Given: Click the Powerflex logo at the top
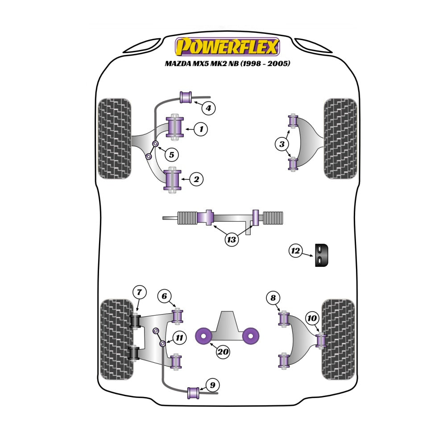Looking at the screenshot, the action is coord(227,46).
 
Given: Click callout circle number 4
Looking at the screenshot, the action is coord(208,108).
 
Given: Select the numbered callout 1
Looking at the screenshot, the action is coord(201,129).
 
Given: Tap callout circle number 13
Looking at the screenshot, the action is coord(231,240).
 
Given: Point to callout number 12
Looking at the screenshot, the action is coord(295,251).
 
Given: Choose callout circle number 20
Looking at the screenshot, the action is coord(223,352).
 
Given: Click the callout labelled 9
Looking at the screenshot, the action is coord(212,385).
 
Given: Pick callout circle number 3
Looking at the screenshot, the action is coord(282,144).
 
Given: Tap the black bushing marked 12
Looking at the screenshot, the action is coord(322,255).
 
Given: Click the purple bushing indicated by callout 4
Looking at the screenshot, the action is coord(186,97).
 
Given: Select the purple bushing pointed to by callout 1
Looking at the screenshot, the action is coord(174,127).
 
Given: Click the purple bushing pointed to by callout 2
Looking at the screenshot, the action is coord(173,179).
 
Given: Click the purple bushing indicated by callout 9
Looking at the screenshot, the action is coord(193,393).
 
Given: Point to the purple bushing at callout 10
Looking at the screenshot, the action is coord(321,340).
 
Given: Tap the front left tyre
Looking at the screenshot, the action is coord(115,139).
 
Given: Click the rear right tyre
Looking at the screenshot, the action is coord(339,339).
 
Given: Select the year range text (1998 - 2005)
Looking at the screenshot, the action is coord(265,63).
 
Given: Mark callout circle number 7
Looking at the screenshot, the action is coord(139,292).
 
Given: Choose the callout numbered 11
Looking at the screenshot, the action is coord(179,338).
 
